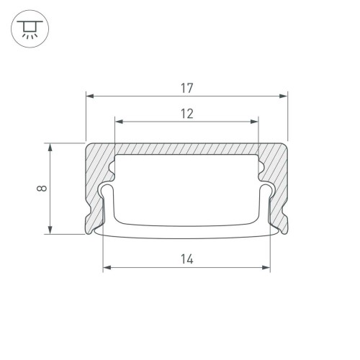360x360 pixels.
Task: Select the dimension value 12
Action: point(186,113)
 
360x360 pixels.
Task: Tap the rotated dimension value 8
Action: point(43,189)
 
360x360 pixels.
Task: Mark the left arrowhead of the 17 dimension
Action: point(89,94)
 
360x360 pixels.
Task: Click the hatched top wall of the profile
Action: point(186,148)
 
